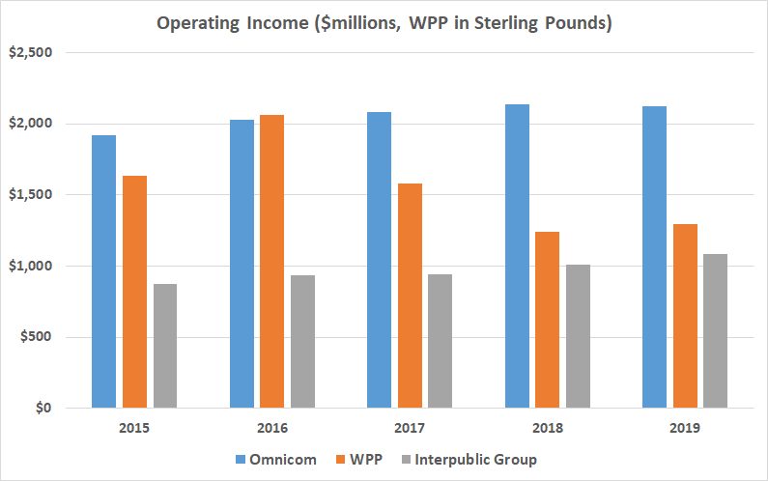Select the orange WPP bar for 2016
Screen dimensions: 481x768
click(272, 261)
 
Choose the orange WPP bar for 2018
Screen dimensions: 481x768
click(547, 320)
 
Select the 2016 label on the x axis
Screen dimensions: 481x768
click(272, 426)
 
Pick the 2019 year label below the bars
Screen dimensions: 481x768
click(685, 426)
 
